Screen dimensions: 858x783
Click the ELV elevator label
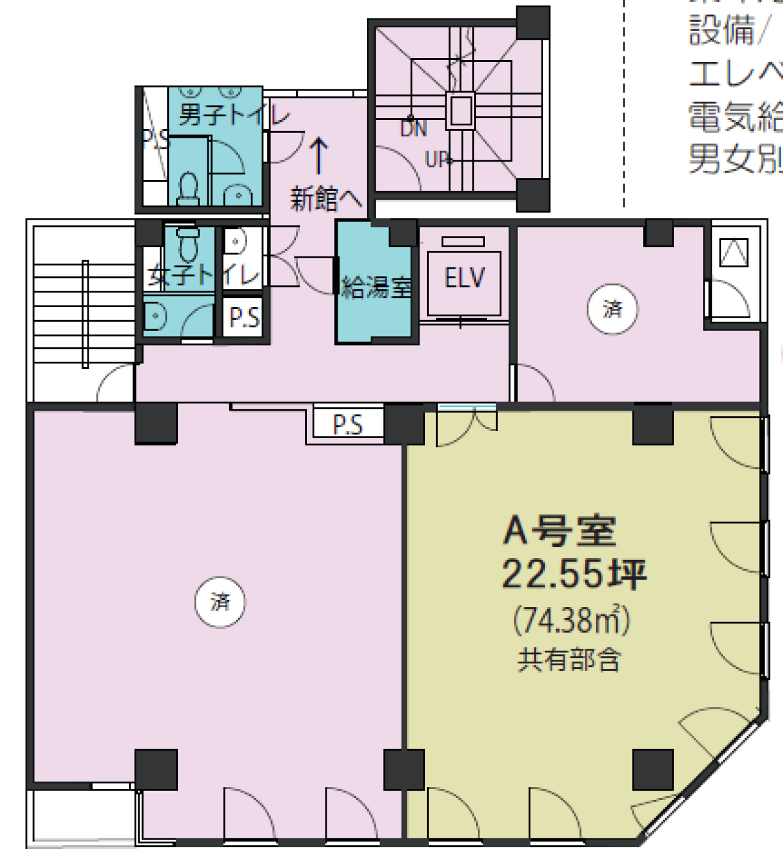coord(464,278)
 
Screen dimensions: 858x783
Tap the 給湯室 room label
coord(376,286)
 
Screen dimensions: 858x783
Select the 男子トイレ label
coord(233,114)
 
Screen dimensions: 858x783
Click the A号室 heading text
coord(560,531)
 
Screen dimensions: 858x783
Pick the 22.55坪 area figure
coord(574,574)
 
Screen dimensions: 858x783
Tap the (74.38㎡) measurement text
coord(571,621)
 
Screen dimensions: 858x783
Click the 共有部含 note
coord(570,660)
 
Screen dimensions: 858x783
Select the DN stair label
coord(414,129)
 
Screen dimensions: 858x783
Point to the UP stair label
coord(438,160)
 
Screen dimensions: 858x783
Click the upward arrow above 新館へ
coord(318,155)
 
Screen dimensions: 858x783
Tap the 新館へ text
coord(325,199)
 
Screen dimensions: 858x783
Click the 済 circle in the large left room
coord(220,602)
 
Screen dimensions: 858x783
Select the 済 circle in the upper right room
coord(612,308)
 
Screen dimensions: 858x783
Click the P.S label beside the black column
coord(347,424)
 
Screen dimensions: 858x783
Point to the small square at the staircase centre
coord(461,111)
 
